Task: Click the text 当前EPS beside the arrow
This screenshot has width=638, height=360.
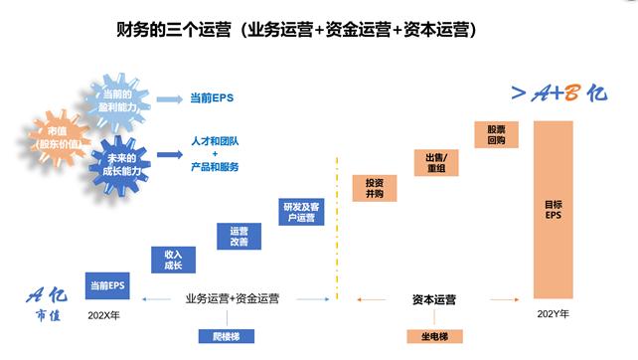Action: coord(211,99)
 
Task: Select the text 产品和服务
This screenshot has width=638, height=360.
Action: coord(215,168)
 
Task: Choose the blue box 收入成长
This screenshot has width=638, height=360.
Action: coord(173,260)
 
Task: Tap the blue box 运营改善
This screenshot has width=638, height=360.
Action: coord(239,236)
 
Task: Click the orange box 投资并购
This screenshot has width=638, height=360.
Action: coord(374,188)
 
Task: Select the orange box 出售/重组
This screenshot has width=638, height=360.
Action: coord(436,162)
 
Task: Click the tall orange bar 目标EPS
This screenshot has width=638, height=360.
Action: coord(553,210)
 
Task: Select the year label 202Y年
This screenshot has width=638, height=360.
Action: coord(553,314)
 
